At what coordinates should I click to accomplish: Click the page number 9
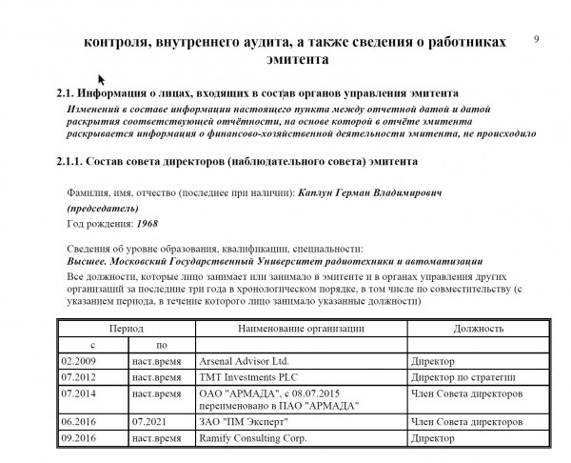click(538, 38)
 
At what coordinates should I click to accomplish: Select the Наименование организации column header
click(302, 328)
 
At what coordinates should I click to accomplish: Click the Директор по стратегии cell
click(454, 377)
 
